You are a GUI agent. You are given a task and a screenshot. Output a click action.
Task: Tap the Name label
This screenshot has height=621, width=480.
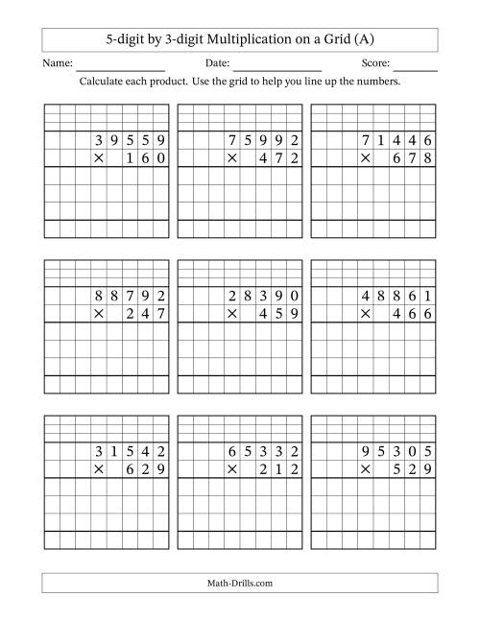(58, 63)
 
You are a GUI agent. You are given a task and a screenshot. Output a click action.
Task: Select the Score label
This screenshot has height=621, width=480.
(376, 63)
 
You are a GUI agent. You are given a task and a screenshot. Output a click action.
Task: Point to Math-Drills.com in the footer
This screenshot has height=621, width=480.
(240, 582)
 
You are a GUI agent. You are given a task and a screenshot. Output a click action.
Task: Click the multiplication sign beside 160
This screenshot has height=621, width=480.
(97, 157)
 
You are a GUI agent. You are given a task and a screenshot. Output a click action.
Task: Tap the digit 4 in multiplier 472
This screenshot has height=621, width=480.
(262, 157)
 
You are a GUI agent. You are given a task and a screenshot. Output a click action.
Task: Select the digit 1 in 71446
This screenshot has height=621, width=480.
(380, 141)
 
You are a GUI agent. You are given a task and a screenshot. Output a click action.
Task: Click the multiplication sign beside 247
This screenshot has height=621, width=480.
(97, 314)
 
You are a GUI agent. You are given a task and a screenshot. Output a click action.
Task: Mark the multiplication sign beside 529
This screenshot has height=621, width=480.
(364, 470)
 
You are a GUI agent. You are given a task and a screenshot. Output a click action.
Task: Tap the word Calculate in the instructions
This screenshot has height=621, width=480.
(108, 82)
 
